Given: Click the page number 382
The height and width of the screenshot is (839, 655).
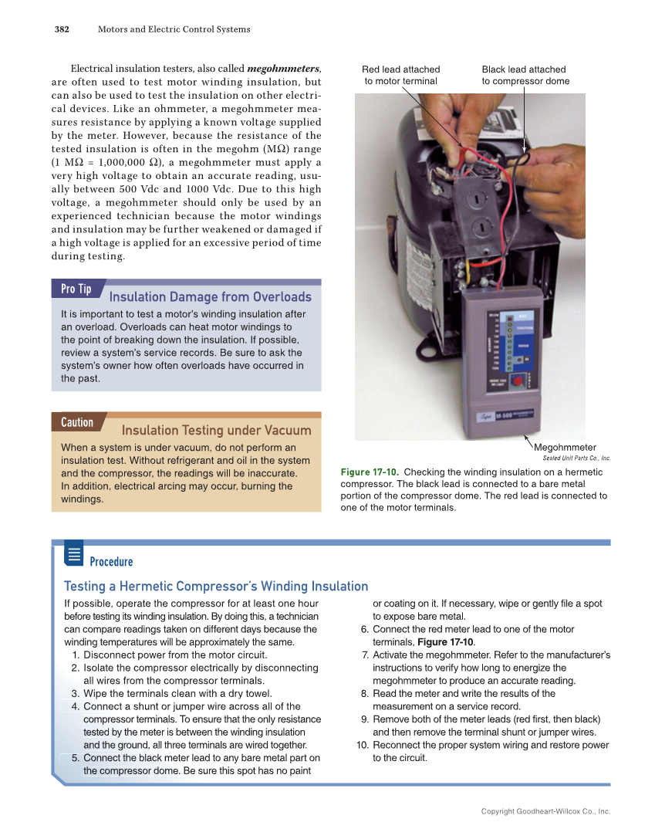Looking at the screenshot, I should (x=62, y=29).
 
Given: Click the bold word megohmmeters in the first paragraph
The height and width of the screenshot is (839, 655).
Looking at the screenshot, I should (x=283, y=69).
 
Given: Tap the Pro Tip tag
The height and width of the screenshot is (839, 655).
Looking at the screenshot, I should (x=76, y=289).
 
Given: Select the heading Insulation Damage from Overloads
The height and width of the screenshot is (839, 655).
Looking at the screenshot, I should (x=211, y=297).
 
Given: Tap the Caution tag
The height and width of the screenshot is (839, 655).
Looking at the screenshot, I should (x=77, y=422).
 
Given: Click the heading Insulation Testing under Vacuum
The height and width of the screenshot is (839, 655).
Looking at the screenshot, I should (x=216, y=431).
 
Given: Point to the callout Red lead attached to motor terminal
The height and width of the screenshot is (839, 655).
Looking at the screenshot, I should (x=400, y=75).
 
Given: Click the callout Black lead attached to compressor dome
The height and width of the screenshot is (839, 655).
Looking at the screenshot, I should (x=525, y=75).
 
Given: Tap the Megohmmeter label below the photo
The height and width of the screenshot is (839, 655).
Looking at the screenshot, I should (x=565, y=447).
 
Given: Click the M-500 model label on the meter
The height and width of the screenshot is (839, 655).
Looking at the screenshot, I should (x=506, y=416).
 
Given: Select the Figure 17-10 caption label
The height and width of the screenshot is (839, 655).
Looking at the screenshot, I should (x=369, y=472).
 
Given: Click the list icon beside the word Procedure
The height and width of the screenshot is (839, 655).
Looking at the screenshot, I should (x=74, y=553).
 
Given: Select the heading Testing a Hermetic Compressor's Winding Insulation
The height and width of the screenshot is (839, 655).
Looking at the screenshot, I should (x=216, y=587).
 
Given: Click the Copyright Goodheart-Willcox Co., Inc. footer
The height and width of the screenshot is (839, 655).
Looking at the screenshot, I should (x=545, y=811).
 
